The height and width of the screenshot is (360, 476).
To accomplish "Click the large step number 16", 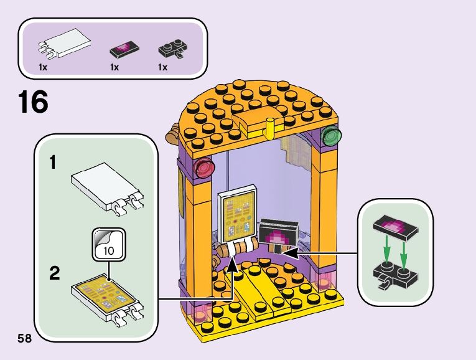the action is click(33, 102).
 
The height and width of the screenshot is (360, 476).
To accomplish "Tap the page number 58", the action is click(25, 338).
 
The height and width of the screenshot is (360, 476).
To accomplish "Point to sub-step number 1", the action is click(54, 163).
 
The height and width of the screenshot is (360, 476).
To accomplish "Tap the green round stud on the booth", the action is click(332, 136).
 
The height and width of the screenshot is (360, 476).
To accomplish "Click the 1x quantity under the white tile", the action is click(42, 67).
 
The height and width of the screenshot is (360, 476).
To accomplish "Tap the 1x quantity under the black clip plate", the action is click(163, 67).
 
